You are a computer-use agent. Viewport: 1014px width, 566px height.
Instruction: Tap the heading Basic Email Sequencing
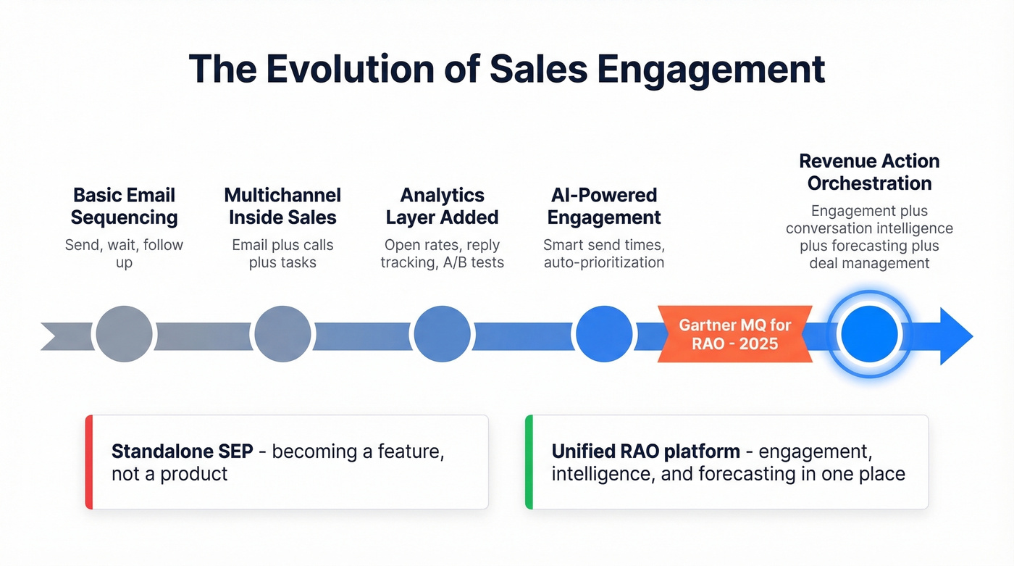click(124, 207)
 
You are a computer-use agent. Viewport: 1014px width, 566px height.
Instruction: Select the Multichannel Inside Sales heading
click(282, 207)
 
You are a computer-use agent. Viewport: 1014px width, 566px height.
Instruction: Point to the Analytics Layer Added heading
click(442, 207)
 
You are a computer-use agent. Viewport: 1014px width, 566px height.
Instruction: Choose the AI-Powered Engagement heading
click(603, 207)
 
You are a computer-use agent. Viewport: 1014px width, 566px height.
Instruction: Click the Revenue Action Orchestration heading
click(869, 172)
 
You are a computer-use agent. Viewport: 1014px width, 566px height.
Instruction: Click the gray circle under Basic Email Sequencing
click(124, 334)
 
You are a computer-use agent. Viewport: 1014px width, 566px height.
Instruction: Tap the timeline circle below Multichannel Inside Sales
click(282, 334)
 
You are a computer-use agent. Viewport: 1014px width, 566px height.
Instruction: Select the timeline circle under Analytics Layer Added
click(442, 334)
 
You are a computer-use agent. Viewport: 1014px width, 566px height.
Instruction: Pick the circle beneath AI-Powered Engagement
click(603, 334)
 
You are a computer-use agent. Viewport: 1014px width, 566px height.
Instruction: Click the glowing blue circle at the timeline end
click(869, 334)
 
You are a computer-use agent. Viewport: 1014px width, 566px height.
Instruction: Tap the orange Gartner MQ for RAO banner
click(734, 334)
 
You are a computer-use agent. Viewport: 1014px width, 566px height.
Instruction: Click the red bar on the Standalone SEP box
click(89, 462)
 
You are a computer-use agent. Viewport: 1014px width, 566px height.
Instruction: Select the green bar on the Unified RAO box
click(529, 462)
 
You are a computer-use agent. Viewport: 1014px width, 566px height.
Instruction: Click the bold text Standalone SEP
click(182, 451)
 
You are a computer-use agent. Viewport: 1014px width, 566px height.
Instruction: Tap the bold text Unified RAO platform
click(645, 451)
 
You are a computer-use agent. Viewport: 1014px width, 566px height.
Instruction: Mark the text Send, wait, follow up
click(124, 253)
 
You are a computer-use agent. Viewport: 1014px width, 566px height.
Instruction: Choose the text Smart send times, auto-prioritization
click(603, 253)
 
